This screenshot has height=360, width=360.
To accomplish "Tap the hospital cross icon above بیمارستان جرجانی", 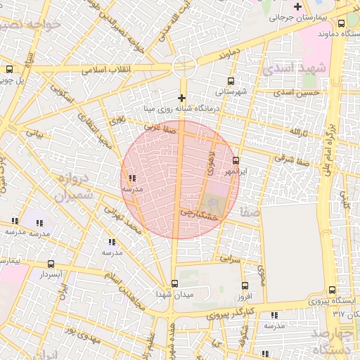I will pyautogui.click(x=298, y=6).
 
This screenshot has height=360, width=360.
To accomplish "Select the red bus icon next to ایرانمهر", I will pyautogui.click(x=236, y=159).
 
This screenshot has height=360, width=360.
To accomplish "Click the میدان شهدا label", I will pyautogui.click(x=174, y=293).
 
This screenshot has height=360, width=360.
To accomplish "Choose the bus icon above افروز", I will pyautogui.click(x=245, y=285).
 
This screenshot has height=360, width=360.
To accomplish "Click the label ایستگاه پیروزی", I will pyautogui.click(x=333, y=301).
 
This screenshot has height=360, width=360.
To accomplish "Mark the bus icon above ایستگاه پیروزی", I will pyautogui.click(x=333, y=290).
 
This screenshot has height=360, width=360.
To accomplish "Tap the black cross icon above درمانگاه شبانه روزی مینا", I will pyautogui.click(x=182, y=98).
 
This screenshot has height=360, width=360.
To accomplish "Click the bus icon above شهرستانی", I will pyautogui.click(x=231, y=81).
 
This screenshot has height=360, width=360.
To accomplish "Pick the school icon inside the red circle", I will pyautogui.click(x=133, y=179).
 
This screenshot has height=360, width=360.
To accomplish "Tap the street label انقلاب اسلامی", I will pyautogui.click(x=102, y=70).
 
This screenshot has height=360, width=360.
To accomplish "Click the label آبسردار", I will pyautogui.click(x=52, y=273).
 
